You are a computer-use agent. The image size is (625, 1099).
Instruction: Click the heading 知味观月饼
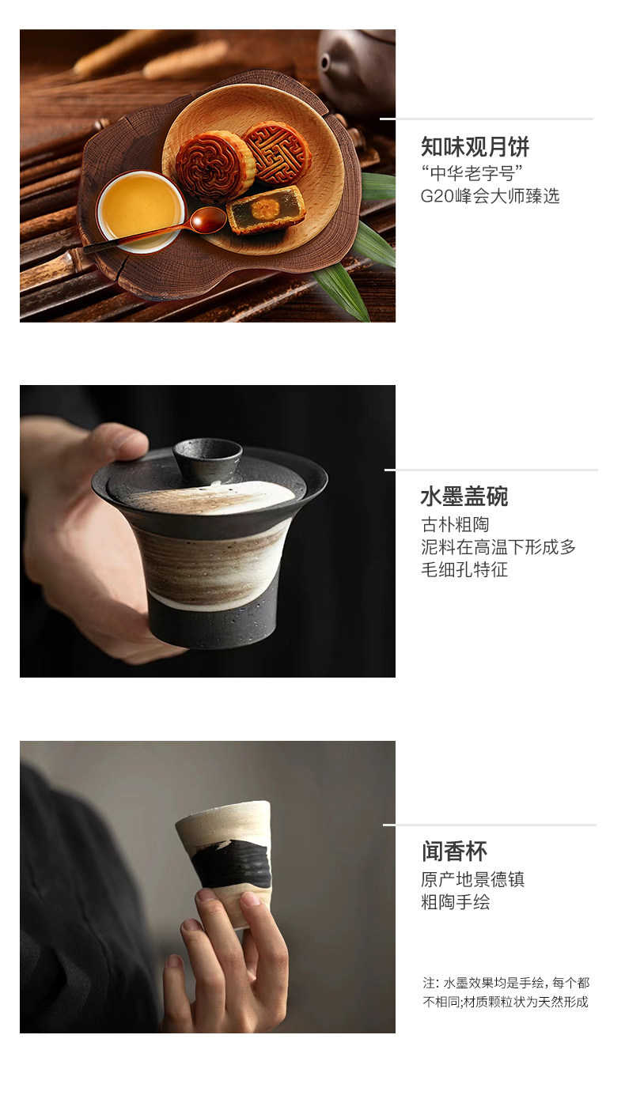(475, 147)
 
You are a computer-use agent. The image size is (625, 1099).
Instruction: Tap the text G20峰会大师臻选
(490, 196)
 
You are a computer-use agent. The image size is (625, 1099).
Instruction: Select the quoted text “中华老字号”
(472, 173)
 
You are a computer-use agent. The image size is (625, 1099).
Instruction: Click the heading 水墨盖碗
(464, 497)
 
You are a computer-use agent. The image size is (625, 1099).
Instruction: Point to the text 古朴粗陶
(455, 524)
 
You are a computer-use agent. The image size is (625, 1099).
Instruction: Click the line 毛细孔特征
(464, 569)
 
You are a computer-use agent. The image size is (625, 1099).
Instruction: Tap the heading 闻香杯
(454, 852)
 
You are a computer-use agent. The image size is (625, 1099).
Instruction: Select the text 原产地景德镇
(472, 879)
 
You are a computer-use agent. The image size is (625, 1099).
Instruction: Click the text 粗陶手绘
(455, 902)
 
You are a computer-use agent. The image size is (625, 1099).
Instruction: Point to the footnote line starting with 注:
(506, 982)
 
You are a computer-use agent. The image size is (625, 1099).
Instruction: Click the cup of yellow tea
(141, 210)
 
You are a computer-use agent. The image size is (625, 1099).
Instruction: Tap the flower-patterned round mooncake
(214, 164)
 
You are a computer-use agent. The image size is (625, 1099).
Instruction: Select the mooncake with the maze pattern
(278, 153)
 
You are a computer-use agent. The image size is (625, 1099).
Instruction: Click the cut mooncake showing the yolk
(266, 210)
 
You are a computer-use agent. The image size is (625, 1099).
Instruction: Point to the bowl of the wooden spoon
(208, 219)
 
